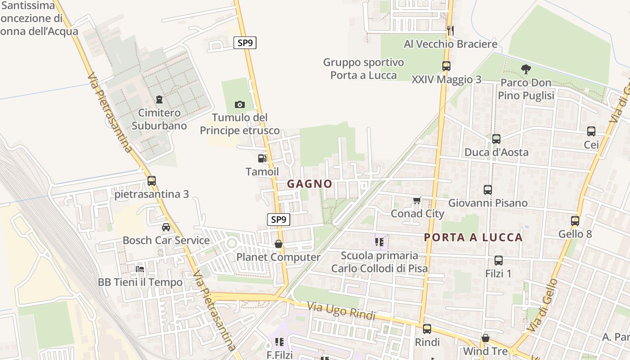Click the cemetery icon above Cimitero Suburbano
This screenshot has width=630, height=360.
(159, 99)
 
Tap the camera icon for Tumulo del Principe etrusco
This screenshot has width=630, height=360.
(240, 105)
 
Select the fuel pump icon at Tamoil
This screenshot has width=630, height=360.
(262, 158)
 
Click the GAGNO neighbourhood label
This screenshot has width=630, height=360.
(310, 184)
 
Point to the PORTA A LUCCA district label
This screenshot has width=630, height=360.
(473, 237)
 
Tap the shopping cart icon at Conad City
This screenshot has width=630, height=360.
(417, 200)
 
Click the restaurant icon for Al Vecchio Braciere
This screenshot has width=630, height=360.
(450, 30)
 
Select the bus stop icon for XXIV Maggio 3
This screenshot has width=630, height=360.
(446, 66)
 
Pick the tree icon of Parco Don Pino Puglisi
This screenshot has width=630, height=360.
(526, 69)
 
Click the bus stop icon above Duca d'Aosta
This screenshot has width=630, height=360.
(496, 139)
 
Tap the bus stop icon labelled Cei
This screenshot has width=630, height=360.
(591, 131)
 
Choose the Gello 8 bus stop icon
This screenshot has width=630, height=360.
(575, 221)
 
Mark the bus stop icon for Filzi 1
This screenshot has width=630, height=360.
(499, 261)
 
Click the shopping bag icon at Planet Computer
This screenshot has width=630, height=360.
(279, 244)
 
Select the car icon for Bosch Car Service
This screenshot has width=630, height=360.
(166, 227)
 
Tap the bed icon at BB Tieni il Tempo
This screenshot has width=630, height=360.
(140, 269)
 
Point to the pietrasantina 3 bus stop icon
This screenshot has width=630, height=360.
(152, 181)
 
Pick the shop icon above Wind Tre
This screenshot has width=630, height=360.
(486, 337)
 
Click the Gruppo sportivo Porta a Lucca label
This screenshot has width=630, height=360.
(364, 68)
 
